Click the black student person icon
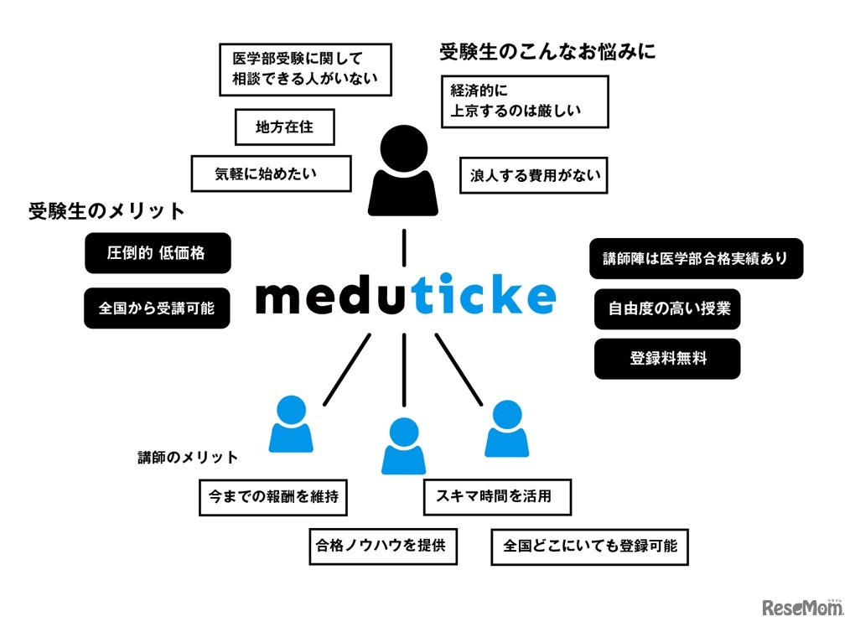pos(404,172)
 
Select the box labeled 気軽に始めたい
pos(258,175)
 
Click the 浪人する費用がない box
pos(533,176)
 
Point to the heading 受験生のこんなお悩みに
pos(547,53)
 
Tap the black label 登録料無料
pos(667,359)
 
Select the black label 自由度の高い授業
pos(667,308)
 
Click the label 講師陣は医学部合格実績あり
pos(696,259)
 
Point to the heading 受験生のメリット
pos(106,211)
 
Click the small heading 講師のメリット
pos(188,458)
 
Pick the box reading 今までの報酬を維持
pos(273,497)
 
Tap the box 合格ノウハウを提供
pos(382,547)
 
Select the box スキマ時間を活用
pos(498,496)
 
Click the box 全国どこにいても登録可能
pos(590,547)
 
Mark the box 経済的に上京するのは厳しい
pos(524,101)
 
